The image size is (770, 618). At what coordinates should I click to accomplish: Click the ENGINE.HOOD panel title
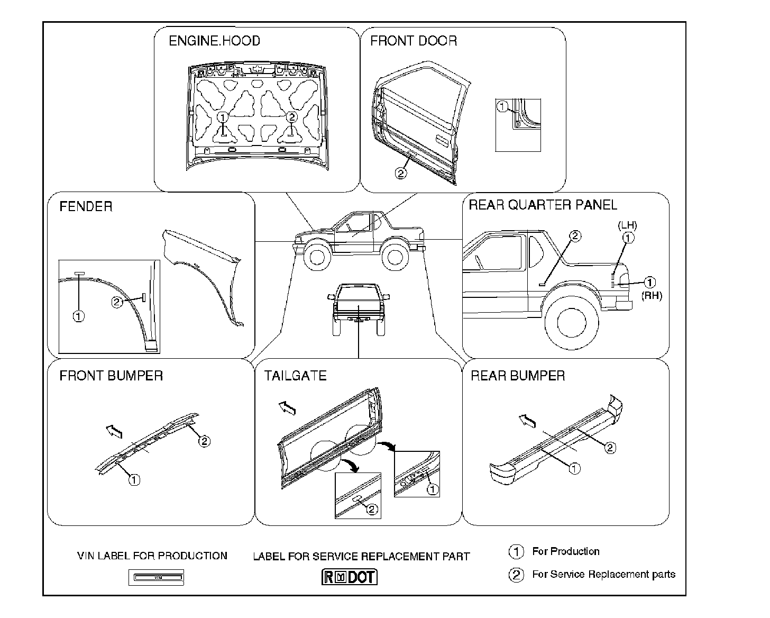coord(214,41)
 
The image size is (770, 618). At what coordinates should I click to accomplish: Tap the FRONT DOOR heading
coord(413,41)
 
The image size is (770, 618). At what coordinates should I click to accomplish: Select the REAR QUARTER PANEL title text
coord(543,205)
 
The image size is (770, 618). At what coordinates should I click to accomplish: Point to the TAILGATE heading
coord(295,376)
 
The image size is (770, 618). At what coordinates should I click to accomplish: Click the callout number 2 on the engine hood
coord(291,116)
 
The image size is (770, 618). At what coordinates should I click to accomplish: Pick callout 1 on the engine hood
coord(223,116)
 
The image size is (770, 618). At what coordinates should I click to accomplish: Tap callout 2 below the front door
coord(401,173)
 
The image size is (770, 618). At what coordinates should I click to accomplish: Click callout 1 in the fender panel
coord(78,316)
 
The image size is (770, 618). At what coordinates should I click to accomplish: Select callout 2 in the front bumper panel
coord(204,440)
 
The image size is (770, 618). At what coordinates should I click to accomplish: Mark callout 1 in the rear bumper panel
coord(574,468)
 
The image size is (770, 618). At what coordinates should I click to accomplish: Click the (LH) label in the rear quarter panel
coord(627,225)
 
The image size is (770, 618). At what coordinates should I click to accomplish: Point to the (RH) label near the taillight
coord(652,296)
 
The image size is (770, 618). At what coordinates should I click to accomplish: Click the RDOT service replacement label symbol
coord(350,576)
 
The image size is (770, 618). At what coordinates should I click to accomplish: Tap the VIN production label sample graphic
coord(156,577)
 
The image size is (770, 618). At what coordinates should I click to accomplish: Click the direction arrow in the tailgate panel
coord(287,407)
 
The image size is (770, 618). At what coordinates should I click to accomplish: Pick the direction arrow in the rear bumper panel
coord(527,421)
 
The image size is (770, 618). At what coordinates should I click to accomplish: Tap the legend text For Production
coord(565,551)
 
